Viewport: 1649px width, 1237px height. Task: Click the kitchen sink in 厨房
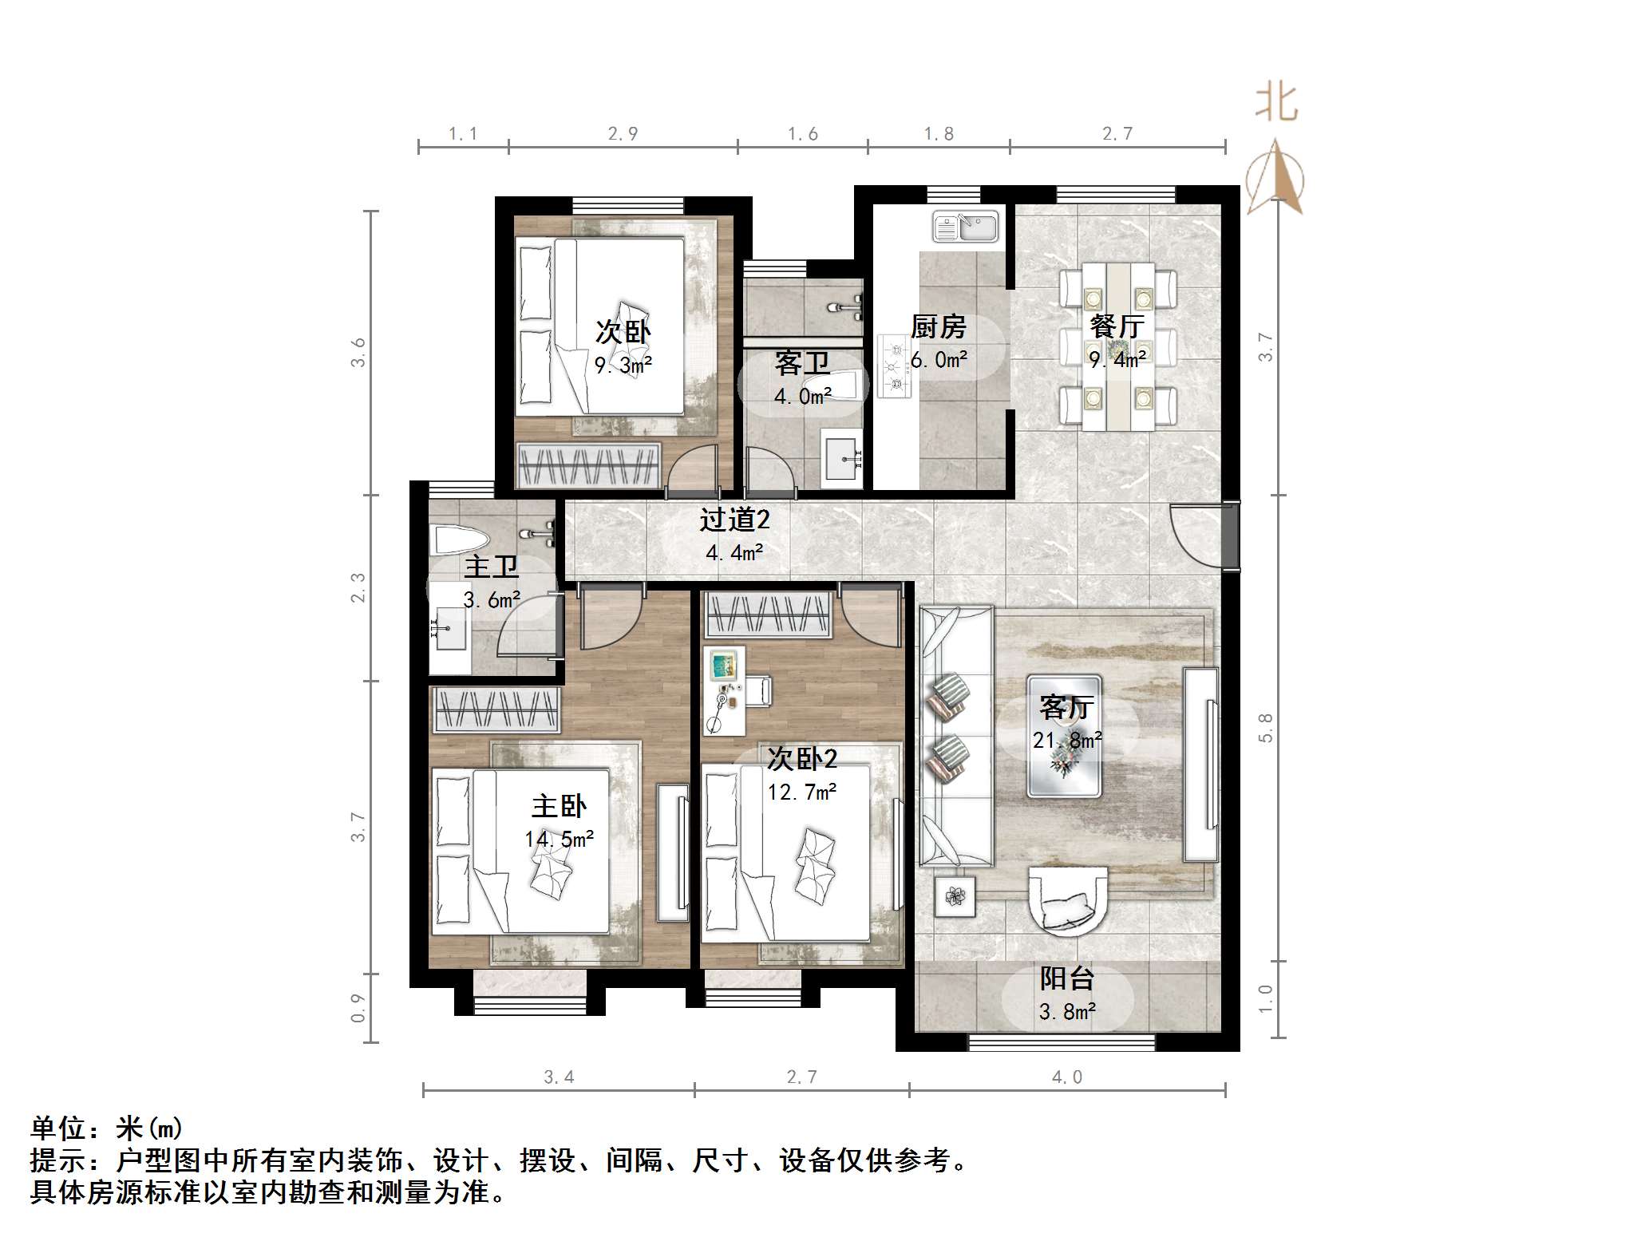[x=966, y=227]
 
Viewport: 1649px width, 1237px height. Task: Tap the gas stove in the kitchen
[x=894, y=366]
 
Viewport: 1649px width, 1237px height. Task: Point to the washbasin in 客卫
[x=843, y=458]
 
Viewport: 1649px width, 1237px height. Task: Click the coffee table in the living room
[x=1064, y=736]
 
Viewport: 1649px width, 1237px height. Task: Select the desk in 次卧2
[x=725, y=690]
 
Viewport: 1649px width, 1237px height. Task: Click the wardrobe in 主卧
[x=496, y=709]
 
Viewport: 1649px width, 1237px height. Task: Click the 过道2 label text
[x=734, y=520]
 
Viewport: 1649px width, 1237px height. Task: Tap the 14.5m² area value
[x=559, y=839]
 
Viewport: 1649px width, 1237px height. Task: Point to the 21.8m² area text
[x=1067, y=741]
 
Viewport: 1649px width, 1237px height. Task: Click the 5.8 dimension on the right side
[x=1265, y=727]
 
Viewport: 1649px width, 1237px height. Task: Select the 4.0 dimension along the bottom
[x=1066, y=1077]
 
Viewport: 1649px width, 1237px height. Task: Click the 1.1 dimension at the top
[x=463, y=133]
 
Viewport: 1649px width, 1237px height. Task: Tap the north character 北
[x=1276, y=104]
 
